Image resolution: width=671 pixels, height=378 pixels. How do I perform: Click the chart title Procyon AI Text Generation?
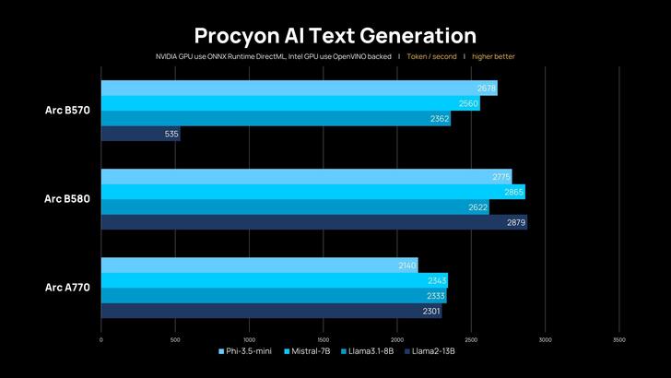[x=335, y=35]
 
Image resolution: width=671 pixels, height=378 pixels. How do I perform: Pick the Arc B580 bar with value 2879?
[x=313, y=222]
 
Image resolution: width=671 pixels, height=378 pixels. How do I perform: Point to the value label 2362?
[x=440, y=119]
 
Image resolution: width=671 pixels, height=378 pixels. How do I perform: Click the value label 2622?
[x=477, y=207]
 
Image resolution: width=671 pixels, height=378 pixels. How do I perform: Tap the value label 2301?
[x=430, y=311]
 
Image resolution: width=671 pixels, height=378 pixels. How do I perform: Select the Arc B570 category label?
[x=67, y=111]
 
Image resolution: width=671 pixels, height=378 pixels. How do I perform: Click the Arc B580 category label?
[x=67, y=199]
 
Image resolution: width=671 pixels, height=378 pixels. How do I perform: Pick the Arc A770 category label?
[x=67, y=288]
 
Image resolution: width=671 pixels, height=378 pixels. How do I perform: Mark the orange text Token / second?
[x=431, y=56]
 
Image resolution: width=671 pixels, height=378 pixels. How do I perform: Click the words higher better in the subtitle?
[x=495, y=56]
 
